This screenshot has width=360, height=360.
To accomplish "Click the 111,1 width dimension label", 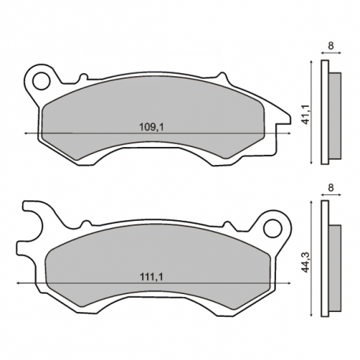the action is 152,277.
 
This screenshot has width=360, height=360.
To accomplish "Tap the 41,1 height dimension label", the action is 306,114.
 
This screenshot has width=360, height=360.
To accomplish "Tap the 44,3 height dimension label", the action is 306,262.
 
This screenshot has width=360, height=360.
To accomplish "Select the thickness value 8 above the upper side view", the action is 331,46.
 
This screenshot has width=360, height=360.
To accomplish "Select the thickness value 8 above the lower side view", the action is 331,188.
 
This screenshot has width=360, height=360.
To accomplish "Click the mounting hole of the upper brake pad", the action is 42,81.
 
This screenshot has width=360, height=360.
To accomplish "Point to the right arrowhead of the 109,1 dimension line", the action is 289,134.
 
